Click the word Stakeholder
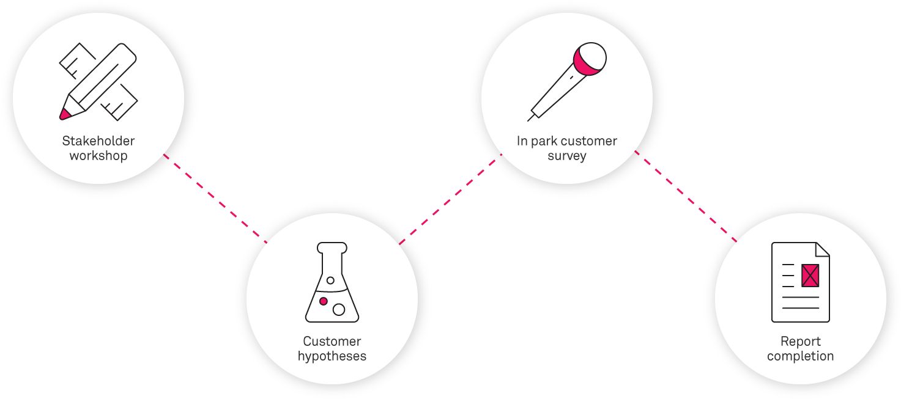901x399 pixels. tap(98, 141)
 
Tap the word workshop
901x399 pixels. tap(98, 155)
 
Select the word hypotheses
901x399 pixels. tap(332, 356)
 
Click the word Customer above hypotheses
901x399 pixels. tap(332, 341)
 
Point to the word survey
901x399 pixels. tap(567, 155)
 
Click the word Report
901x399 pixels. tap(801, 341)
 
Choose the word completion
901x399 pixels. tap(801, 356)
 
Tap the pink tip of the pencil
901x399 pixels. tap(64, 114)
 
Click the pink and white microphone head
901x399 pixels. tap(590, 59)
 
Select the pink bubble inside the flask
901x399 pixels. tap(324, 301)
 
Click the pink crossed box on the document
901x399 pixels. tap(810, 275)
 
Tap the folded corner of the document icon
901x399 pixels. tap(822, 249)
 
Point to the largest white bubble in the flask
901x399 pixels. tap(339, 309)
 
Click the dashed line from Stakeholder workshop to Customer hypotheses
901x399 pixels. tap(215, 199)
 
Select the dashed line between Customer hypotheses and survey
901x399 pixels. tap(450, 199)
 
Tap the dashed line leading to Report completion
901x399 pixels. tap(686, 197)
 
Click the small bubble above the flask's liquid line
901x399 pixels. tap(330, 280)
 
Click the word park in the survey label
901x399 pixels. tap(544, 141)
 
